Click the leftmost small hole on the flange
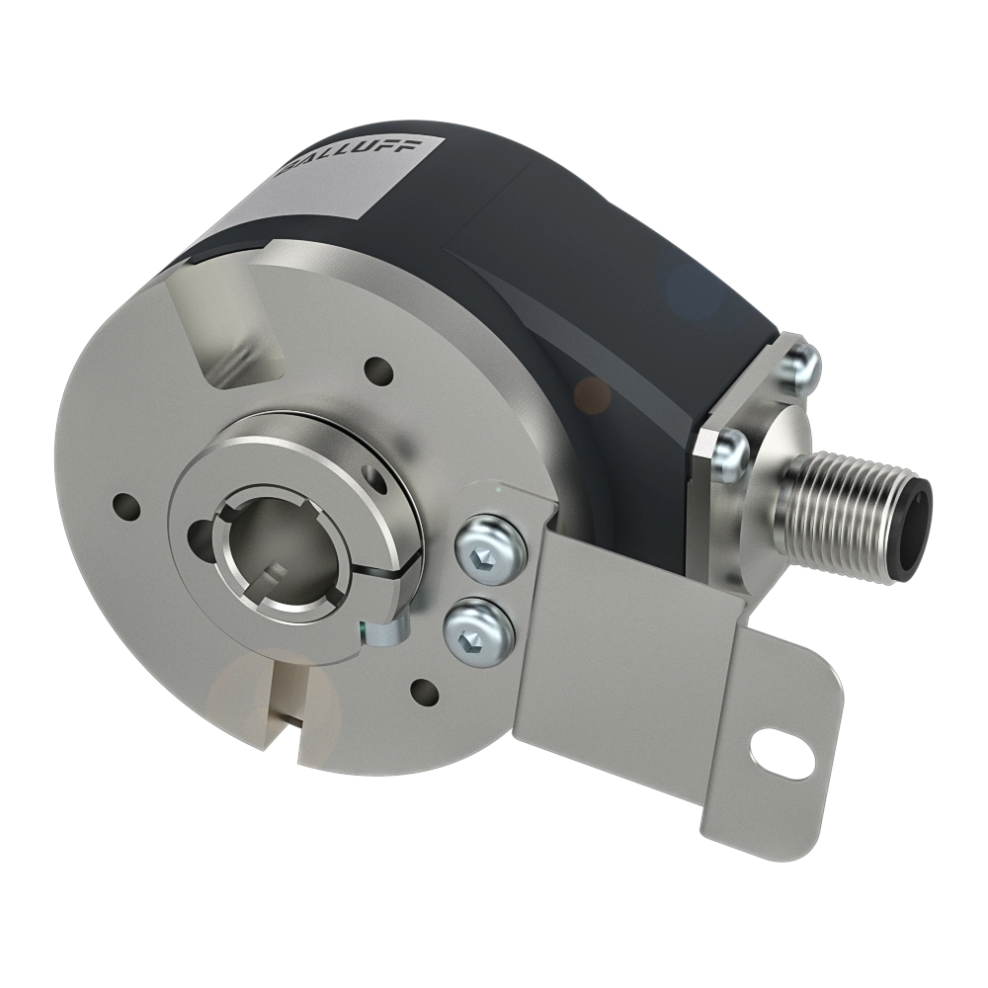coord(123,505)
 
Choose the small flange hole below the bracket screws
coord(425,689)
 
